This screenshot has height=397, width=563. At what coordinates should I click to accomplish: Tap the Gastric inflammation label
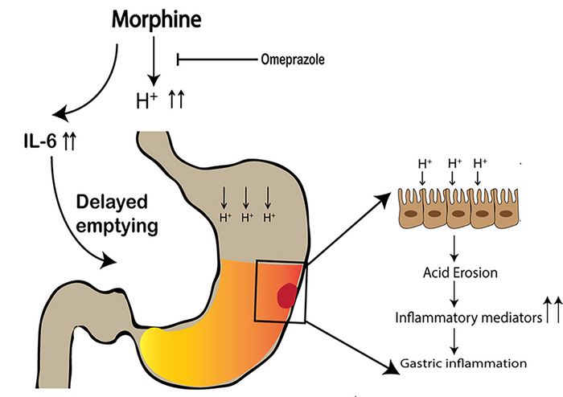tap(463, 363)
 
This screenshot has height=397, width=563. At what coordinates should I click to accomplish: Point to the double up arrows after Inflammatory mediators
tap(551, 309)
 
